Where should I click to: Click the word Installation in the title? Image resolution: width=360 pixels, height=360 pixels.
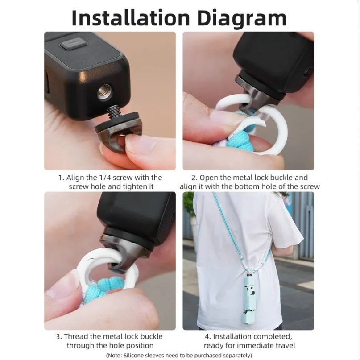(131, 18)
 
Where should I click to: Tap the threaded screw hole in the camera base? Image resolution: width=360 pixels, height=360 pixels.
(103, 92)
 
